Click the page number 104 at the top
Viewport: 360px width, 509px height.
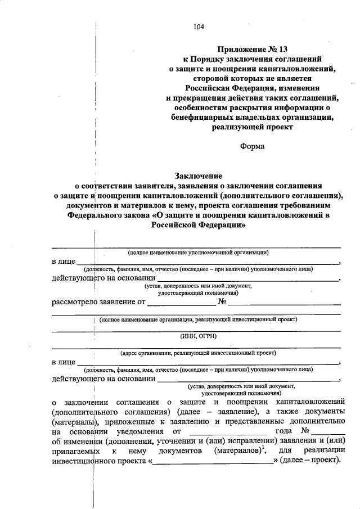199,26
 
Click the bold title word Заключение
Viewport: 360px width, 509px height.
199,176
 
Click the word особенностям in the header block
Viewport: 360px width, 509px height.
204,107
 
